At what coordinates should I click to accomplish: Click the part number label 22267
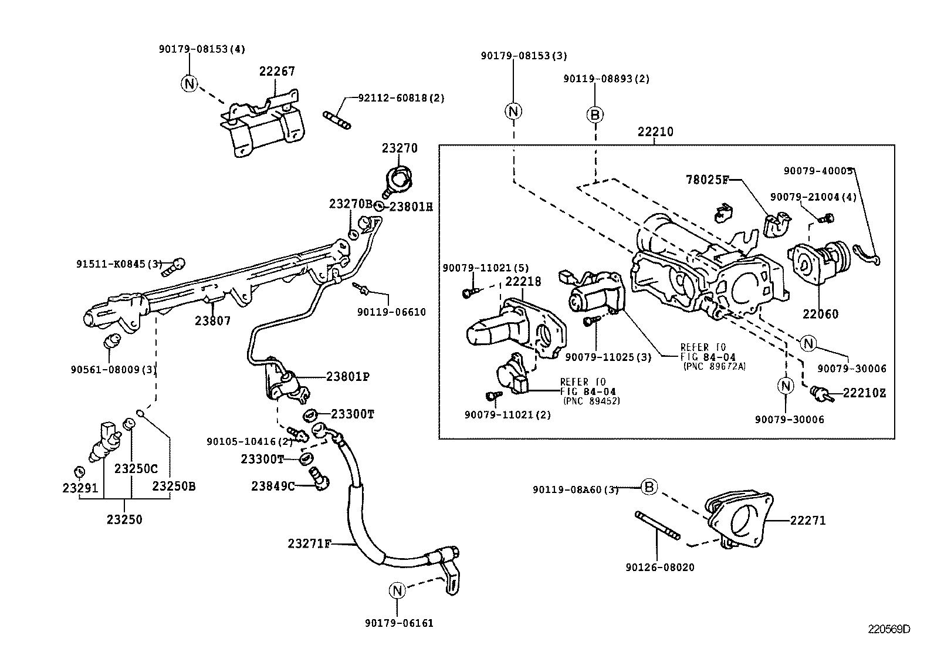point(277,71)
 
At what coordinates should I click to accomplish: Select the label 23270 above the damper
point(400,148)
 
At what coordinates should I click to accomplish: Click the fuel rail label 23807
point(212,321)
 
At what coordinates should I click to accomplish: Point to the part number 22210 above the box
point(655,132)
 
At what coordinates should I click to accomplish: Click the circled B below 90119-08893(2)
point(595,115)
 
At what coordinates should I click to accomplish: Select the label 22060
point(820,314)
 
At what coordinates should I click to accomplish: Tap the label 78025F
point(706,180)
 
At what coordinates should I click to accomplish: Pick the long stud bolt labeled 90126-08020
point(657,525)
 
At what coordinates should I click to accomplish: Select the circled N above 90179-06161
point(397,590)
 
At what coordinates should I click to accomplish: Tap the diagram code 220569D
point(889,630)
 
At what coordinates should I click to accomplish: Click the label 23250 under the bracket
point(124,519)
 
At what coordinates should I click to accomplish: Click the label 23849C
point(273,486)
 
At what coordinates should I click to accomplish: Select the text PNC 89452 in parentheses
point(591,401)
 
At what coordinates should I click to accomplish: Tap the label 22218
point(523,282)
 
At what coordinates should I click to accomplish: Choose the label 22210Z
point(864,393)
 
